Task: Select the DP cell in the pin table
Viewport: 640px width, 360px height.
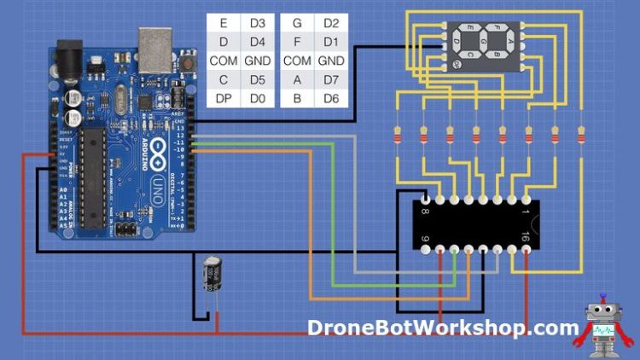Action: [224, 99]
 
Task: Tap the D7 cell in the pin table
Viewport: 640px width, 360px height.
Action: [331, 80]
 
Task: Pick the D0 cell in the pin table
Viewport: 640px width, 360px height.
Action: [258, 99]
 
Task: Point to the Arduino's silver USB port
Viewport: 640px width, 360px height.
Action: [154, 49]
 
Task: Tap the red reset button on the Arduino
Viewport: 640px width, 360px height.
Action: [183, 65]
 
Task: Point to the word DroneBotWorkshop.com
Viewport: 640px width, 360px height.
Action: [443, 328]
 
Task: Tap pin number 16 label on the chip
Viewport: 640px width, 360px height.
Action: [525, 239]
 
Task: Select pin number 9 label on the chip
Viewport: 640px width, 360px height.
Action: [427, 239]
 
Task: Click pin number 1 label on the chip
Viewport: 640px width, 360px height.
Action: [525, 211]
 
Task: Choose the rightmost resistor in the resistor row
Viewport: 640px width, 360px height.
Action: [581, 135]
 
